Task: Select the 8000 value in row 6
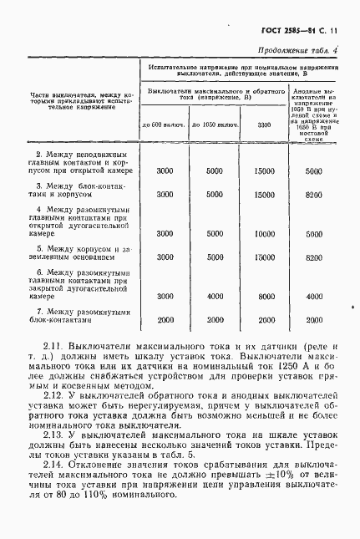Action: point(265,296)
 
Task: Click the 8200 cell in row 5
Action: point(314,257)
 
